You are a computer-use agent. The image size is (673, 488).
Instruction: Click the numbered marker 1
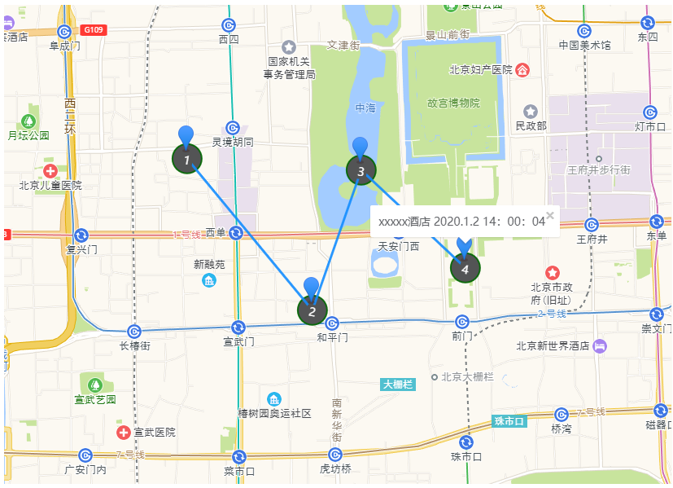187,159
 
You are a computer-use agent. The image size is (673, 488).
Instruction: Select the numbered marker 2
311,310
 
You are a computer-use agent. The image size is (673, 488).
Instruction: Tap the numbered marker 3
361,170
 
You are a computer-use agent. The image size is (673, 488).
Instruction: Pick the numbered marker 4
465,267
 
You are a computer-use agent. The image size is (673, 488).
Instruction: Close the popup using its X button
550,215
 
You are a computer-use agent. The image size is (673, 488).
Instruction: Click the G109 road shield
94,30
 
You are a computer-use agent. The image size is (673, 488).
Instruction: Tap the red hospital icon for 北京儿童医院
50,170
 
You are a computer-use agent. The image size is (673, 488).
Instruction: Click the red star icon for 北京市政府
553,272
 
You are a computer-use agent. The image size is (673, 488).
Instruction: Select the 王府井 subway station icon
592,224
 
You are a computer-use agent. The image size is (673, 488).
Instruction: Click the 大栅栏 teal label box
398,384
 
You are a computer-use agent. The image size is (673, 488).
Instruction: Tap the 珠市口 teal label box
509,421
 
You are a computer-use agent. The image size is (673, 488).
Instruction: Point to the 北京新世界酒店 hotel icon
601,345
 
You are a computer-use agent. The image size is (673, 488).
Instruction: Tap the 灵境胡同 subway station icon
233,127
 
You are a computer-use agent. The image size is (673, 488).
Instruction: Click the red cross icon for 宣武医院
123,432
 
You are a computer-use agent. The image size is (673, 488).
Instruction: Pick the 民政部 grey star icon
531,112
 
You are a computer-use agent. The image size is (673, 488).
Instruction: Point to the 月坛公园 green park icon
29,121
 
